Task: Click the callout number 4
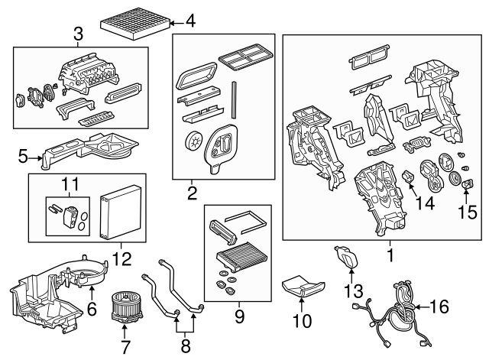[x=190, y=21]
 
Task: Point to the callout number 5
[x=23, y=157]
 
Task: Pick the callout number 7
[x=125, y=346]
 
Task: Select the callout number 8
[x=185, y=345]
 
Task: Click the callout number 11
[x=70, y=184]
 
